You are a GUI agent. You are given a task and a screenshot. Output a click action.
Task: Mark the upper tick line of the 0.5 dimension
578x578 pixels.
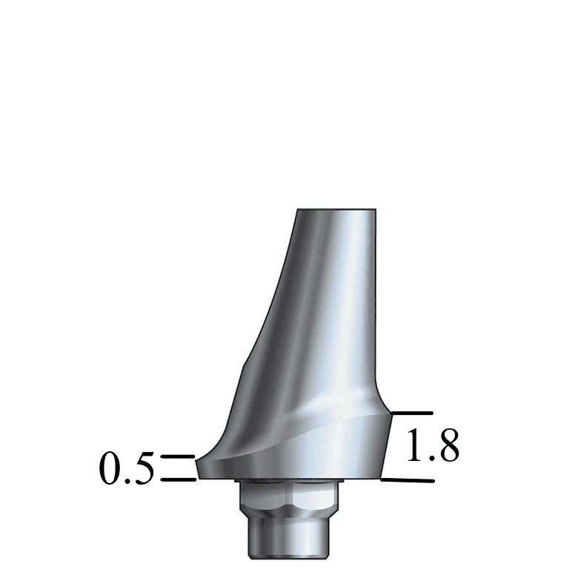click(177, 457)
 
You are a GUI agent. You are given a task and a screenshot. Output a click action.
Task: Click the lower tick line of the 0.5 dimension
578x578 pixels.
click(178, 479)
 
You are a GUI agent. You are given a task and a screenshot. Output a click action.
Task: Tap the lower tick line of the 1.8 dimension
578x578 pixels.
click(408, 480)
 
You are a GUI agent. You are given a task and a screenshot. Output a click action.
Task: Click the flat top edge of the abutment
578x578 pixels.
click(337, 210)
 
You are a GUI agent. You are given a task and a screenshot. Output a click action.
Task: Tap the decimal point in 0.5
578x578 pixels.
click(128, 482)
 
